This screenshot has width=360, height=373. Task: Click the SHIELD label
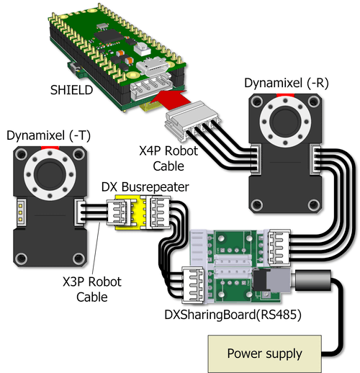71,90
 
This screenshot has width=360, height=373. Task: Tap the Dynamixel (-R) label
287,84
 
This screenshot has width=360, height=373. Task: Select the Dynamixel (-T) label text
48,135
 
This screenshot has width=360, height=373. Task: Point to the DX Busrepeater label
145,187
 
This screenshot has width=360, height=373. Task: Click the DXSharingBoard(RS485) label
233,315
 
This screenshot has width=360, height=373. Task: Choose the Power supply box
264,354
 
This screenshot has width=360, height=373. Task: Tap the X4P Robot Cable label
168,158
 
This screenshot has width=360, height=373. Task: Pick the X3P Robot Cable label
92,289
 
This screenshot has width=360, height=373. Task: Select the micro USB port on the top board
151,66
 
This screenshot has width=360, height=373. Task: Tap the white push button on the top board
142,49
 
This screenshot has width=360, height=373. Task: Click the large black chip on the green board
109,36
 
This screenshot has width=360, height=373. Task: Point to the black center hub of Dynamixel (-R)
285,122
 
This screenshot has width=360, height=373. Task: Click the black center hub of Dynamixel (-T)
50,174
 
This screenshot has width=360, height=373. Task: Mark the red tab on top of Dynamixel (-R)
285,95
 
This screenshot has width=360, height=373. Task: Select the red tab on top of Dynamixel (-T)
50,148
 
